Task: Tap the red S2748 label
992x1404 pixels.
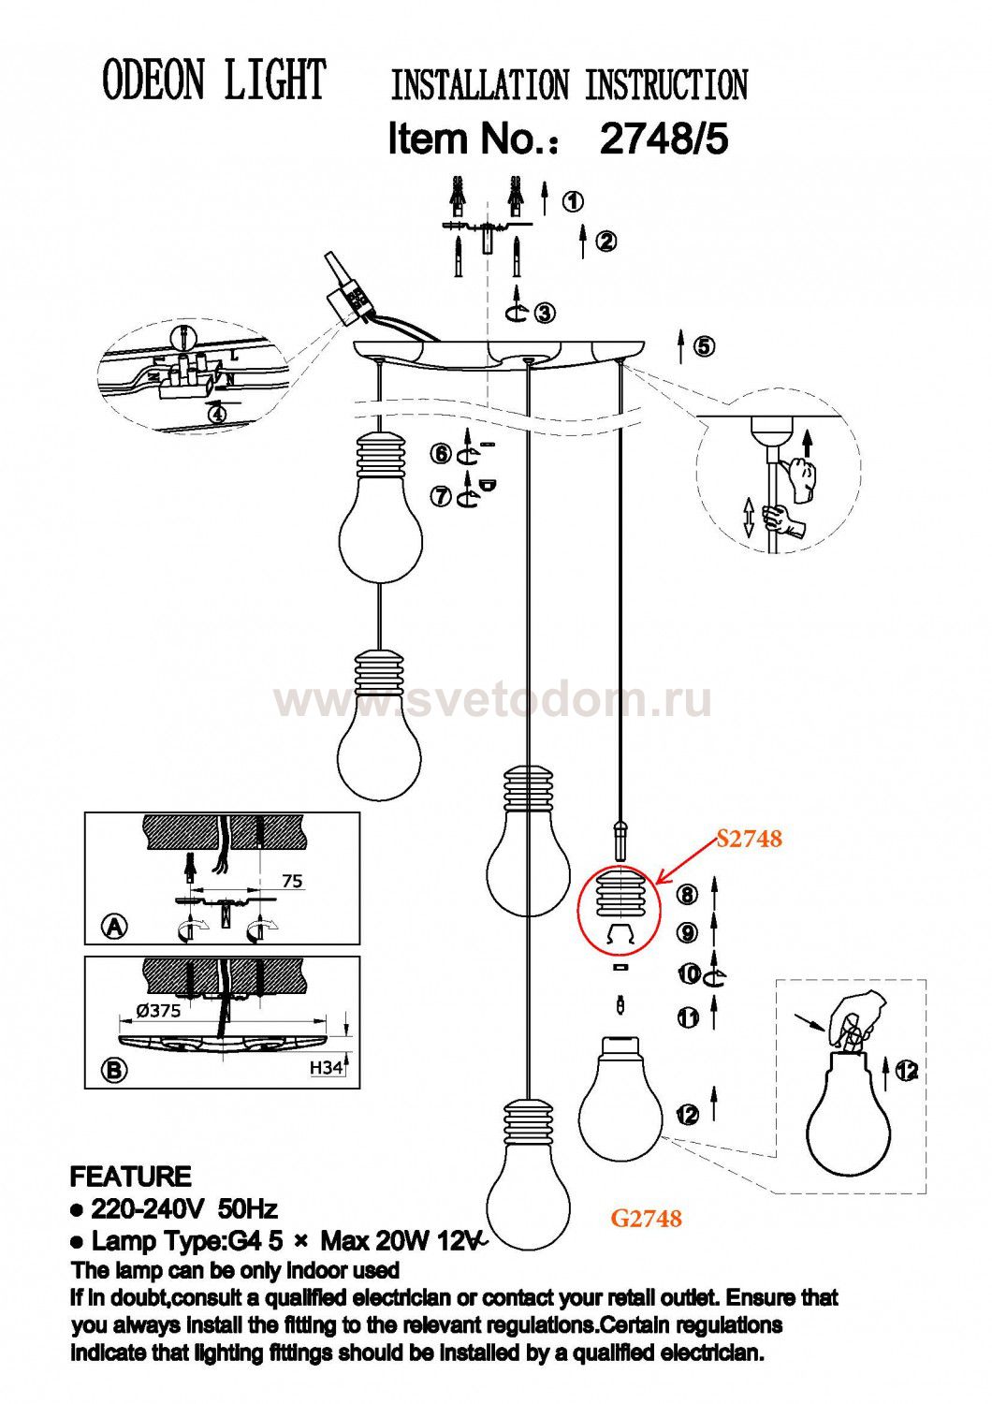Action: (750, 840)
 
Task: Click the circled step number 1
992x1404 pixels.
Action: (572, 202)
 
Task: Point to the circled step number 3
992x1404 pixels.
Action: (545, 312)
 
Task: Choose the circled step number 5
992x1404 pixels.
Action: (705, 346)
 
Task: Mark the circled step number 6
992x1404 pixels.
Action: (442, 453)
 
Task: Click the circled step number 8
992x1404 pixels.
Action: (688, 895)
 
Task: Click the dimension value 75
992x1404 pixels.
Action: (292, 882)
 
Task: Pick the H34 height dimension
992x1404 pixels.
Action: (328, 1066)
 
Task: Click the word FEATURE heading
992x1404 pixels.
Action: (130, 1177)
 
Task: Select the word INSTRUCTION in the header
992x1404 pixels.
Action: (666, 85)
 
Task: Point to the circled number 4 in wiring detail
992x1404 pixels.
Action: (217, 415)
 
